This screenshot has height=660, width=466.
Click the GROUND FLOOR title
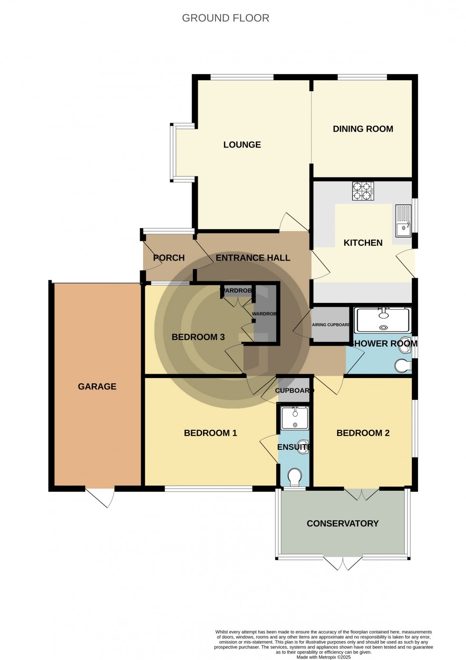click(225, 18)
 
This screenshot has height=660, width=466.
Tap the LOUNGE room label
click(242, 145)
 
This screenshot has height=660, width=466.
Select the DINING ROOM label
click(363, 129)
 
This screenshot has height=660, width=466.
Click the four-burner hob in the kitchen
click(362, 191)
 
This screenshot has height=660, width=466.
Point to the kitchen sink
click(403, 221)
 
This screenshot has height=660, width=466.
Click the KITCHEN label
click(363, 243)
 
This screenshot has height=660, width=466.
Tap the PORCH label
click(169, 258)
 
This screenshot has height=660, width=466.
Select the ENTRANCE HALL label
click(252, 258)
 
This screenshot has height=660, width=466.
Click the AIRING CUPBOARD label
click(331, 325)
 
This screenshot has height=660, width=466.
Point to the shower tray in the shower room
click(383, 320)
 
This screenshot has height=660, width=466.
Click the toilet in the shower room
click(403, 366)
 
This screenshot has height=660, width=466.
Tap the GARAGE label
click(97, 387)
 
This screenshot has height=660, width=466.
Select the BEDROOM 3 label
click(198, 337)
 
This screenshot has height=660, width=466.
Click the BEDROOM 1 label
click(210, 433)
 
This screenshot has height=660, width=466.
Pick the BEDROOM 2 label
click(363, 433)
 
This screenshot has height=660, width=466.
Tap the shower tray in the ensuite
click(295, 417)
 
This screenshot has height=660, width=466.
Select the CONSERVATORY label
click(342, 524)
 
